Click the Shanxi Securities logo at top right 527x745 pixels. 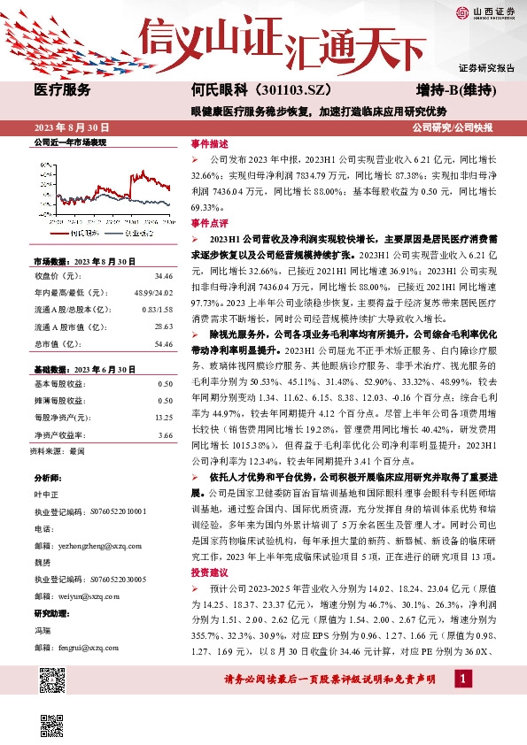(x=485, y=12)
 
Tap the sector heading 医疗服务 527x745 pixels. (x=61, y=89)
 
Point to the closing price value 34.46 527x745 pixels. (x=163, y=276)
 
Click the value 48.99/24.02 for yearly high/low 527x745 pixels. (x=153, y=292)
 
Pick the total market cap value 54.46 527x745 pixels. (x=163, y=342)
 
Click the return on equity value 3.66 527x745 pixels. (x=165, y=434)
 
